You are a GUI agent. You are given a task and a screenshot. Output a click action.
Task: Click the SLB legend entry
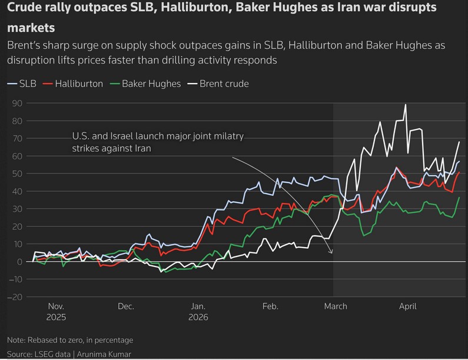[x=22, y=84]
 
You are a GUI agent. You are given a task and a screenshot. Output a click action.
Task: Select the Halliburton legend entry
[x=73, y=84]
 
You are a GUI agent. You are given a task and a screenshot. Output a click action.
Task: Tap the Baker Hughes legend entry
[x=145, y=84]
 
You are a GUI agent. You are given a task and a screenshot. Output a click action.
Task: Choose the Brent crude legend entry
[x=218, y=84]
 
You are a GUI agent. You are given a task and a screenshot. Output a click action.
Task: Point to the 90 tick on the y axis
[x=17, y=103]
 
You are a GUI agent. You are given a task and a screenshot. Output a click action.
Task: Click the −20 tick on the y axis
[x=15, y=297]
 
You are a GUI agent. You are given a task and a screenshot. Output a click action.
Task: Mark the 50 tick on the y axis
[x=17, y=174]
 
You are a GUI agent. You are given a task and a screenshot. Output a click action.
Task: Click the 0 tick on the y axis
[x=19, y=262]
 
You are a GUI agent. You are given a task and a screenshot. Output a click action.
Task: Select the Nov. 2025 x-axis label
[x=56, y=311]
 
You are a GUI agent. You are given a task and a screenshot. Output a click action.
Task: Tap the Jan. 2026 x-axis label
[x=198, y=311]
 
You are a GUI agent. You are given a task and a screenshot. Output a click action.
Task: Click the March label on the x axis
[x=336, y=306]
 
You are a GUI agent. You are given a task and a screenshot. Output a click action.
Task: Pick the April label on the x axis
[x=408, y=306]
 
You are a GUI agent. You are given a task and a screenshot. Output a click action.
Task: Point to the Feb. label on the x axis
[x=270, y=306]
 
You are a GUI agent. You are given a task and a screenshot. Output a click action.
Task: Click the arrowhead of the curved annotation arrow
[x=331, y=252]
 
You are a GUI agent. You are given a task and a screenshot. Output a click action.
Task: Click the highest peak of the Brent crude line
[x=406, y=104]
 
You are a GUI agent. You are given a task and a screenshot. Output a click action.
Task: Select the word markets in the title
[x=31, y=28]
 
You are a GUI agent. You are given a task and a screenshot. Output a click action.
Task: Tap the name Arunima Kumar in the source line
[x=104, y=354]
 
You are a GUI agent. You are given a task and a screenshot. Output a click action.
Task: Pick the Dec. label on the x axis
[x=126, y=306]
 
